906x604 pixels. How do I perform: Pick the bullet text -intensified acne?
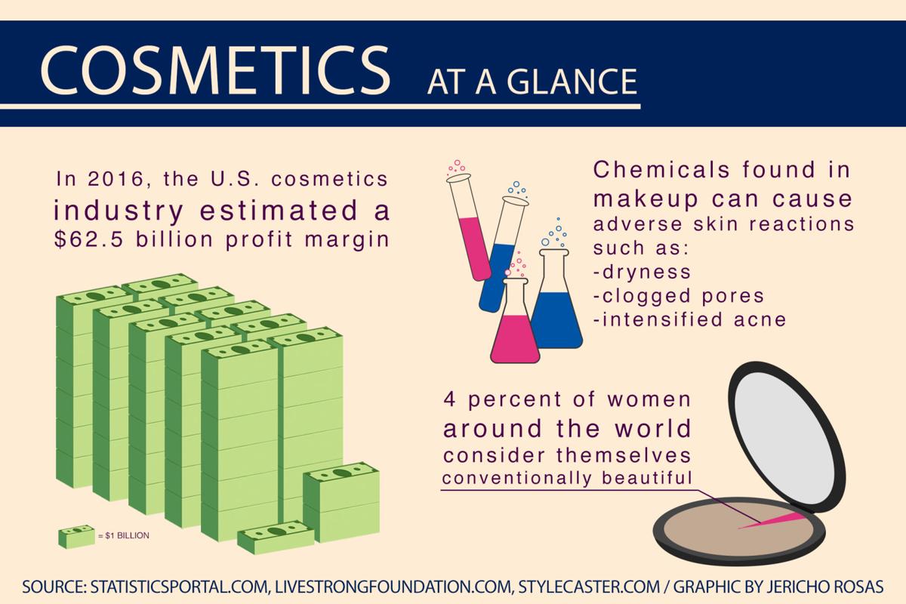tap(690, 319)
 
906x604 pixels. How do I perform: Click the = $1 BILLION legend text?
tap(124, 536)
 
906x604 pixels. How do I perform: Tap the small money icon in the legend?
tap(76, 535)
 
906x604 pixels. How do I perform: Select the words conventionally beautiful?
tap(567, 478)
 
